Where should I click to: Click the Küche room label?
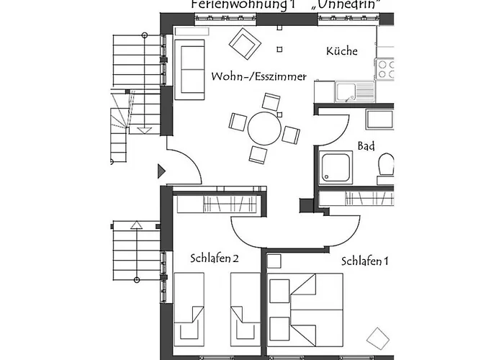coord(342,51)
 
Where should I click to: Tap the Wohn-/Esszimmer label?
coord(259,76)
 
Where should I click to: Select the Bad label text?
coord(366,146)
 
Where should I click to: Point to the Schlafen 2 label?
coord(215,258)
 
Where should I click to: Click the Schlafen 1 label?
coord(365,261)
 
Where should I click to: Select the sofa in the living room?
coord(189,68)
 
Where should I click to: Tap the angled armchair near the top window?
coord(245,44)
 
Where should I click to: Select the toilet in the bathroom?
coord(387,165)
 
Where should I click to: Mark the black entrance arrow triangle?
coord(162,171)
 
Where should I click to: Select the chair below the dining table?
coord(259,153)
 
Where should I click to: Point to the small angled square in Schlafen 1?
coord(378,338)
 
